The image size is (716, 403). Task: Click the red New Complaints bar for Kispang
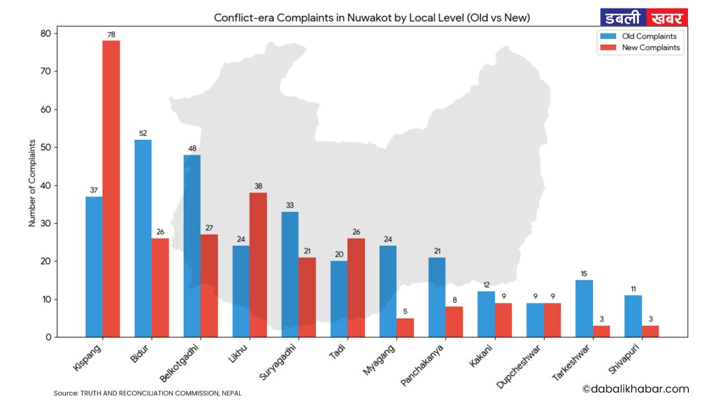pyautogui.click(x=111, y=189)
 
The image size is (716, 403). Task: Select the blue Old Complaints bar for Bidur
pyautogui.click(x=143, y=239)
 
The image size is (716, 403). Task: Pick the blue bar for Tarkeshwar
pyautogui.click(x=584, y=309)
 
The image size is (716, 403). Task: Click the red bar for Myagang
pyautogui.click(x=405, y=327)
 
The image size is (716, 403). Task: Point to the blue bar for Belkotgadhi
pyautogui.click(x=192, y=246)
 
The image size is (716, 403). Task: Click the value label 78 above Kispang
pyautogui.click(x=111, y=34)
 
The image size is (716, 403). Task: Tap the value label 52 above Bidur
pyautogui.click(x=143, y=133)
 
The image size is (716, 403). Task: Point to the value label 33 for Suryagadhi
pyautogui.click(x=289, y=206)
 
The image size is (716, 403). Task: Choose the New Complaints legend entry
pyautogui.click(x=640, y=48)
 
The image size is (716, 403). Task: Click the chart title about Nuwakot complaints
pyautogui.click(x=372, y=17)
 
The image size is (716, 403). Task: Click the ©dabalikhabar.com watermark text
pyautogui.click(x=635, y=389)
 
